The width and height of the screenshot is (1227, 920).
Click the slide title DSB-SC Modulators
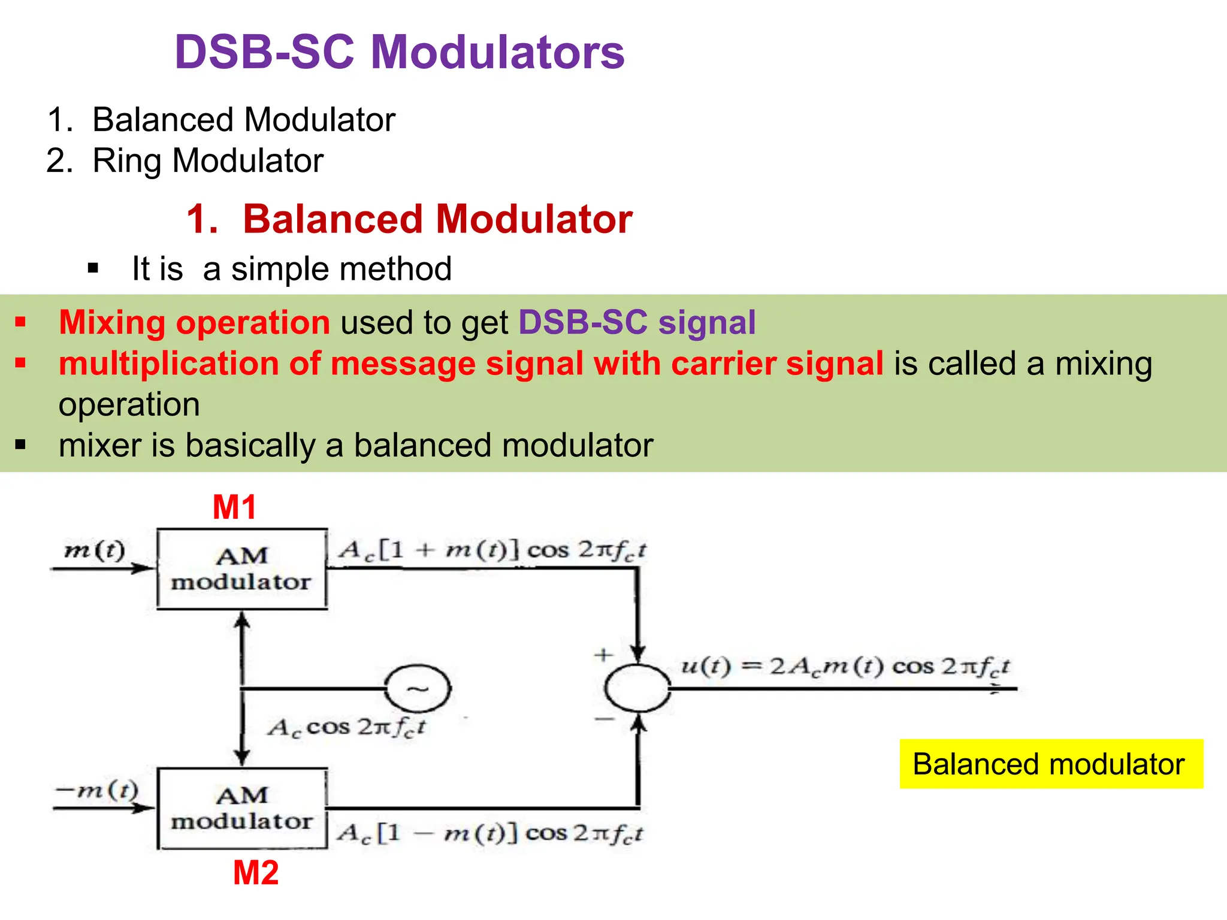pyautogui.click(x=399, y=52)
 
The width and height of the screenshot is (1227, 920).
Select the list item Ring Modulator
pyautogui.click(x=208, y=161)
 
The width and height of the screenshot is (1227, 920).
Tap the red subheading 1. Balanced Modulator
pyautogui.click(x=409, y=219)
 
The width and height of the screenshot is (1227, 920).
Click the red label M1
pyautogui.click(x=235, y=507)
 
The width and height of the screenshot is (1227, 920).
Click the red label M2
pyautogui.click(x=256, y=873)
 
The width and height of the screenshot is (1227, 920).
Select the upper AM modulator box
pyautogui.click(x=242, y=569)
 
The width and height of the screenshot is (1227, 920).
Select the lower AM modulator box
pyautogui.click(x=242, y=809)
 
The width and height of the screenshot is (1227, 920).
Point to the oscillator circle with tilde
pyautogui.click(x=417, y=689)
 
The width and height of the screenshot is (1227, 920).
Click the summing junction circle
pyautogui.click(x=637, y=689)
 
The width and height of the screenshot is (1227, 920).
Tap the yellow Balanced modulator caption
pyautogui.click(x=1051, y=764)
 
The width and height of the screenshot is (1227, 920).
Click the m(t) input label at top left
pyautogui.click(x=95, y=549)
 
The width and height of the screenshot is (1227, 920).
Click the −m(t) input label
pyautogui.click(x=97, y=790)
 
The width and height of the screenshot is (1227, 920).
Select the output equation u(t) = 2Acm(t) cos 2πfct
pyautogui.click(x=845, y=667)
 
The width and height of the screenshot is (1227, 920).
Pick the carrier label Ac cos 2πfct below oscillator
pyautogui.click(x=346, y=728)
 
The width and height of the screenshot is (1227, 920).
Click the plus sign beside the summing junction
pyautogui.click(x=603, y=655)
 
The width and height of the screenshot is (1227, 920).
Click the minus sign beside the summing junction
pyautogui.click(x=604, y=718)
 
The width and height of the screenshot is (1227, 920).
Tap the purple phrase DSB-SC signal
pyautogui.click(x=637, y=322)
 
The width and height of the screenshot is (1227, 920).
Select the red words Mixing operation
pyautogui.click(x=194, y=322)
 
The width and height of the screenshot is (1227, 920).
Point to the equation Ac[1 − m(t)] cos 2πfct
pyautogui.click(x=489, y=833)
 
